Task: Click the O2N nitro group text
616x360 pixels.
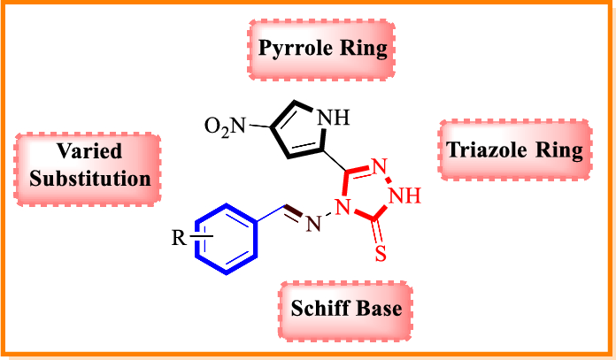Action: [224, 126]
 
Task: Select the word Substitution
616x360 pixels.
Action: [87, 178]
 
